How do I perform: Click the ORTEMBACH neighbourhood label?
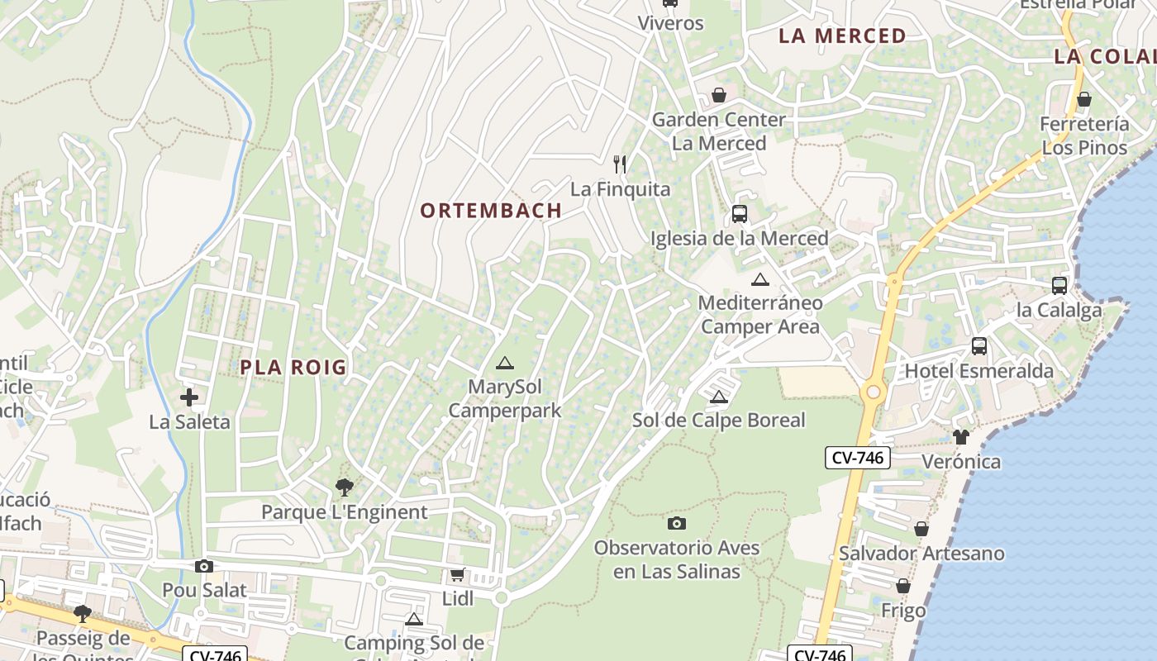[x=491, y=211]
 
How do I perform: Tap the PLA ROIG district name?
[x=293, y=368]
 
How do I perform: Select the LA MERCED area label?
[x=842, y=36]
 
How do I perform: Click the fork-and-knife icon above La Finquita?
[x=621, y=164]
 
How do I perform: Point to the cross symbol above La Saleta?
[x=189, y=397]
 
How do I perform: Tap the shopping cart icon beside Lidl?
[x=457, y=574]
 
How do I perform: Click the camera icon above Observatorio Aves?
[x=676, y=523]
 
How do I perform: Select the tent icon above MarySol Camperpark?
[x=504, y=363]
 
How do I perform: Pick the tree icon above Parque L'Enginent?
[x=345, y=487]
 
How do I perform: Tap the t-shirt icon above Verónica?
[x=960, y=436]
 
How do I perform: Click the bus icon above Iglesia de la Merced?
[x=739, y=214]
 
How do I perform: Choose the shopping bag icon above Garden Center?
[x=719, y=95]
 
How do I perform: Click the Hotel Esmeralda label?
[x=979, y=370]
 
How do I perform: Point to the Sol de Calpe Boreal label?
[x=718, y=420]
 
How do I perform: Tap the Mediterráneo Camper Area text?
[x=760, y=314]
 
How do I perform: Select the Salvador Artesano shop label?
[x=921, y=554]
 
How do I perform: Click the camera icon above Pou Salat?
[x=203, y=566]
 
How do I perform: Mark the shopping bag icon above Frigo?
[x=903, y=586]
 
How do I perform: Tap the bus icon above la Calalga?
[x=1059, y=286]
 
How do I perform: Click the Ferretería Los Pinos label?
[x=1084, y=136]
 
